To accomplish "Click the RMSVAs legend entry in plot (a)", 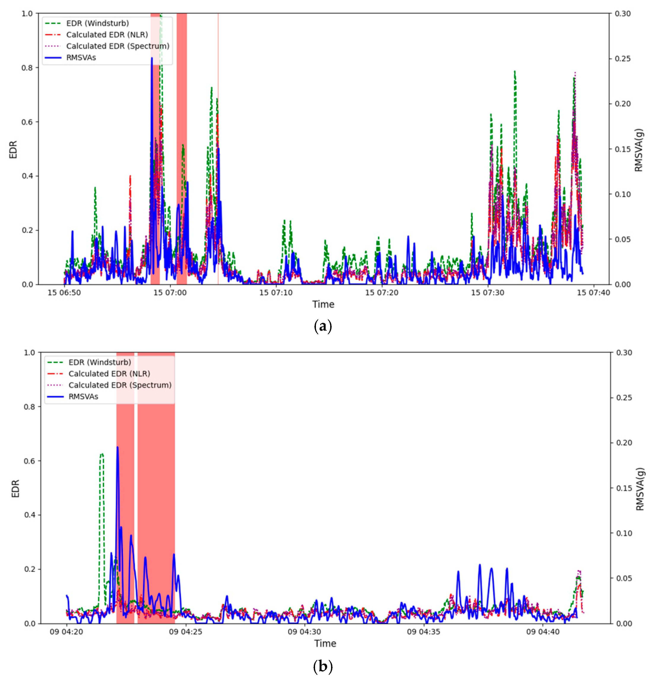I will pyautogui.click(x=81, y=58).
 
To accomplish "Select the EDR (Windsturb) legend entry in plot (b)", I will pyautogui.click(x=100, y=362).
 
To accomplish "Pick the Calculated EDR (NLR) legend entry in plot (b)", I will pyautogui.click(x=109, y=374).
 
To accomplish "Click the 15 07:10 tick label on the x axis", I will pyautogui.click(x=276, y=292).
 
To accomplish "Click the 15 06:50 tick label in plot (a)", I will pyautogui.click(x=64, y=292).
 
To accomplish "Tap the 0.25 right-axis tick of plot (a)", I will pyautogui.click(x=623, y=59).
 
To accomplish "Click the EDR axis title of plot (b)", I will pyautogui.click(x=15, y=488).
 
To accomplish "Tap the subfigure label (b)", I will pyautogui.click(x=323, y=666).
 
